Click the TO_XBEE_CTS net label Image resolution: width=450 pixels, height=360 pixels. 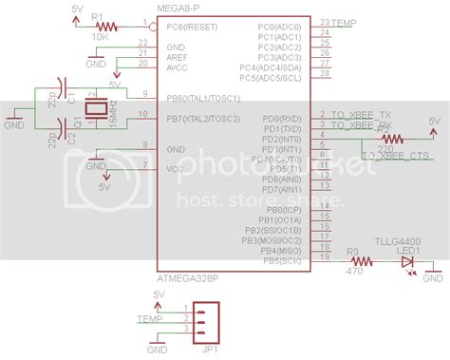pos(394,154)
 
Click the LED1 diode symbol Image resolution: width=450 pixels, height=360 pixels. pos(407,260)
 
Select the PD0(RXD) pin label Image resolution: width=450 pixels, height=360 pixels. pos(283,118)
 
